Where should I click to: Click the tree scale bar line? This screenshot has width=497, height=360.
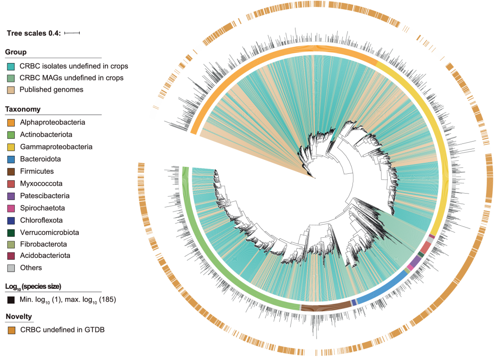tap(72, 33)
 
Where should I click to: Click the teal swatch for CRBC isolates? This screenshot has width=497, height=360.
tap(11, 66)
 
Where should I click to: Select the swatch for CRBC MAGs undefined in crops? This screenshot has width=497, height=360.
tap(11, 78)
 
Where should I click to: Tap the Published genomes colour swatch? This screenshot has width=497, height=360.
tap(11, 90)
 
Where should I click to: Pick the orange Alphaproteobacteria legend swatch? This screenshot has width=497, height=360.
tap(11, 123)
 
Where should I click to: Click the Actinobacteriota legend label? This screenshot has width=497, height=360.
tap(46, 135)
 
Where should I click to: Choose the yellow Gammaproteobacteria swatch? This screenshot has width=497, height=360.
tap(11, 147)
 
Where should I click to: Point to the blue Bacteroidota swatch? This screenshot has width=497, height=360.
tap(11, 159)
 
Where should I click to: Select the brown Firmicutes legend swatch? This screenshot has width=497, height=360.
tap(11, 171)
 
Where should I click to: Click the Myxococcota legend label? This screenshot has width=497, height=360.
tap(41, 183)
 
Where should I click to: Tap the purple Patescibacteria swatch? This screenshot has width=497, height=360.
tap(11, 196)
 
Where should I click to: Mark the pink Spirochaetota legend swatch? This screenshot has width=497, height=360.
tap(11, 208)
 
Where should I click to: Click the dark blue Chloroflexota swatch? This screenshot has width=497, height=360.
tap(11, 220)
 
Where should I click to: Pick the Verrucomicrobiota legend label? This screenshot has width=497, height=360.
tap(49, 232)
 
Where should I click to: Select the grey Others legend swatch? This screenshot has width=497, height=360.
tap(11, 268)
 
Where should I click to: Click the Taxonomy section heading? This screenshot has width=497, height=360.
tap(23, 109)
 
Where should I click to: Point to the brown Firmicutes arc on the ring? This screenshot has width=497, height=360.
tap(324, 307)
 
